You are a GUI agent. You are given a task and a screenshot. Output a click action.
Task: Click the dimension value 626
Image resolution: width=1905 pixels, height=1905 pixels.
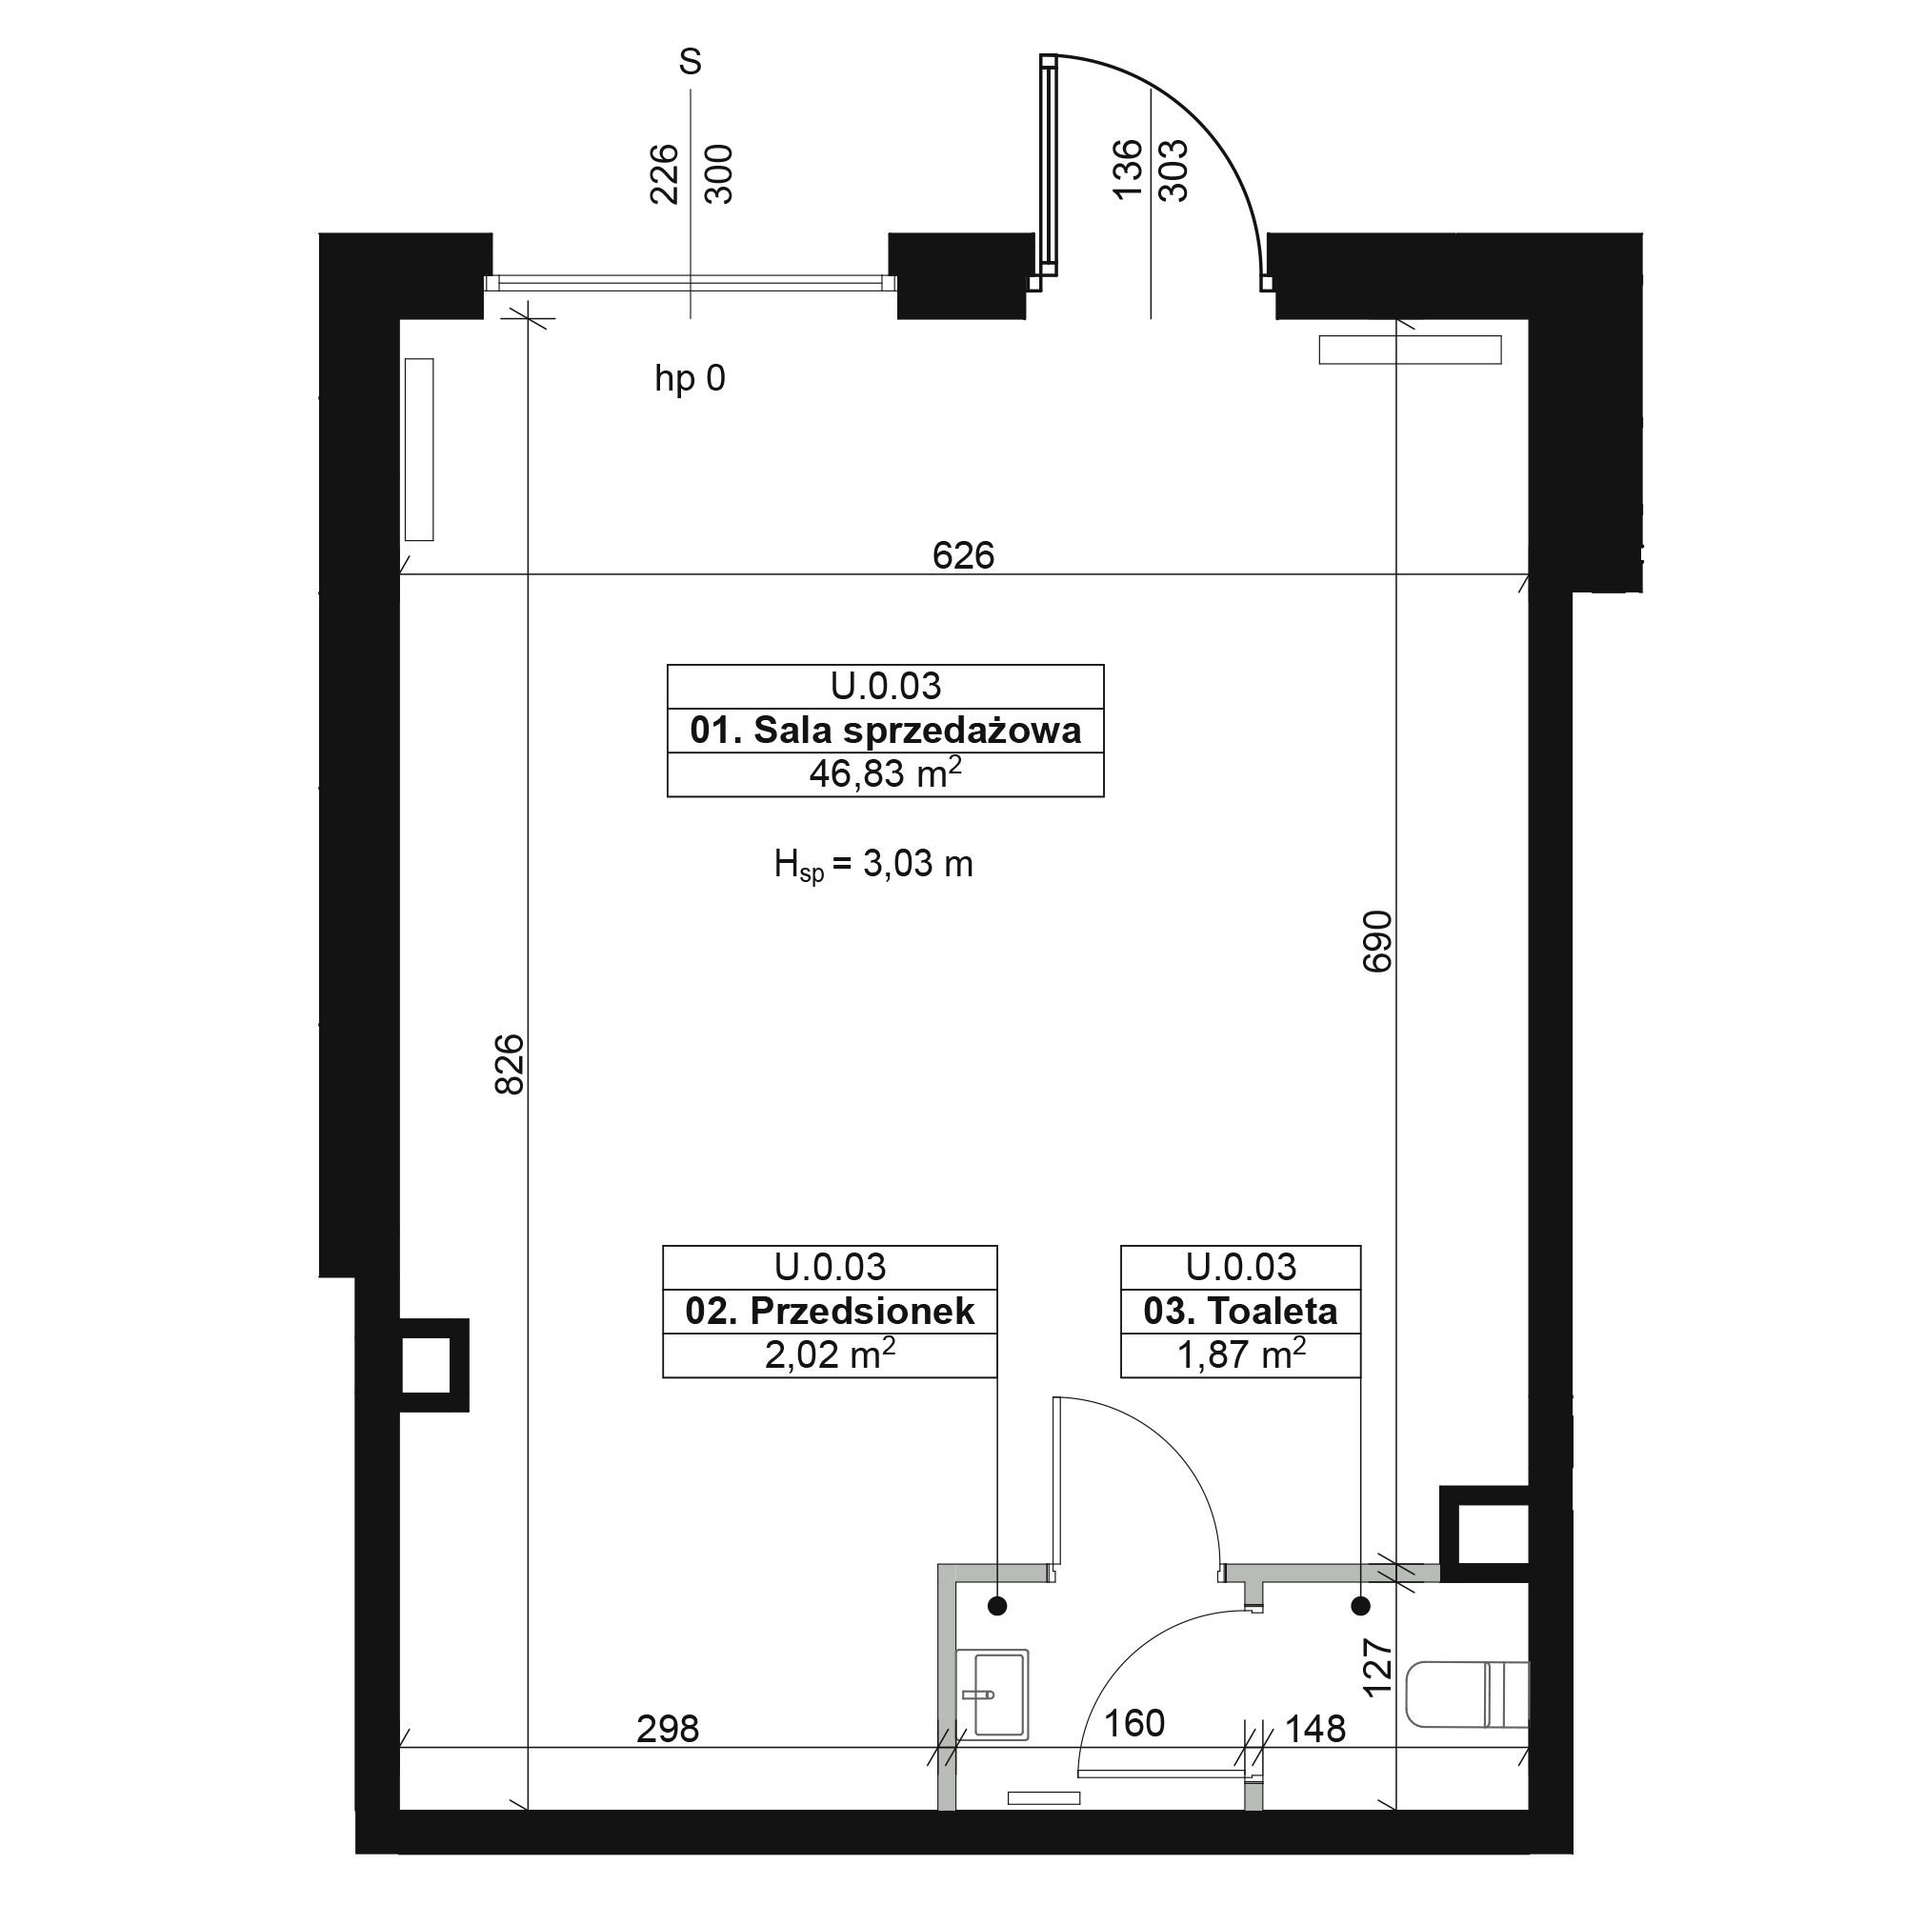[963, 556]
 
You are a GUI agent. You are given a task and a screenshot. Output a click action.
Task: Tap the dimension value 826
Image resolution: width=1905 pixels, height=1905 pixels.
[510, 1064]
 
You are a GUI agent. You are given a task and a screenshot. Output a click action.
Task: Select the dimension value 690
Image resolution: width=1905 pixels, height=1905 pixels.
[1377, 942]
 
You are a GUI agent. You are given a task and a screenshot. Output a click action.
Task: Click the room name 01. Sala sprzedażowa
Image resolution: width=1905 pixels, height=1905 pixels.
[886, 731]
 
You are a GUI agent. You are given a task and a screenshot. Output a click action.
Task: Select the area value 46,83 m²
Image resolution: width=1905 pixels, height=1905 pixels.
[886, 774]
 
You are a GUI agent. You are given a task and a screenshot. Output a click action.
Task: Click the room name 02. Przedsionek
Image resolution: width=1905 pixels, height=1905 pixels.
[831, 1312]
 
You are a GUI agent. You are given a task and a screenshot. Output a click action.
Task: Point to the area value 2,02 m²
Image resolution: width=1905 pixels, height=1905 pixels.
[831, 1354]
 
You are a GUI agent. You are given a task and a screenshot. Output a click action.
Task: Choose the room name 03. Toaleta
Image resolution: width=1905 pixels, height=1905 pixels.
[1240, 1312]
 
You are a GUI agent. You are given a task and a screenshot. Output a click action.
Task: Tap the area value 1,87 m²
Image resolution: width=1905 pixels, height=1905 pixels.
[1240, 1354]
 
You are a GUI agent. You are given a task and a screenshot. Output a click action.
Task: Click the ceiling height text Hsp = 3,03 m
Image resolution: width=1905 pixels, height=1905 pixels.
[873, 865]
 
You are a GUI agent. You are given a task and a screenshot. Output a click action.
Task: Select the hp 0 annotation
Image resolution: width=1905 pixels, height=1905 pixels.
[691, 379]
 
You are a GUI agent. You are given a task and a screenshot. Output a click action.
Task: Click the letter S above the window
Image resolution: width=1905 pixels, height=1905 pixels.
[691, 62]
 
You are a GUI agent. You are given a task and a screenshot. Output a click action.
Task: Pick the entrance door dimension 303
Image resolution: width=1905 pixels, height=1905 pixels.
[1173, 170]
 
